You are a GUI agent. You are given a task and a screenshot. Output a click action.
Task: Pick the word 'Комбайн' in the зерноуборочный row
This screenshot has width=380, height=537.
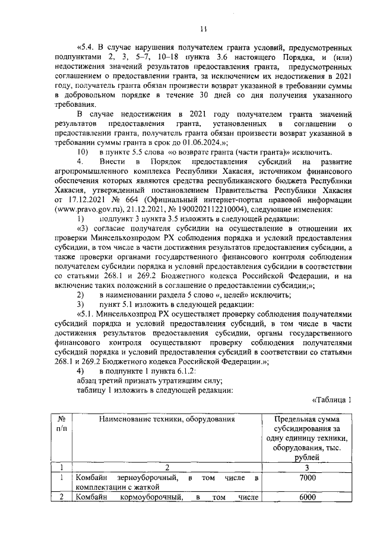click(x=94, y=478)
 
